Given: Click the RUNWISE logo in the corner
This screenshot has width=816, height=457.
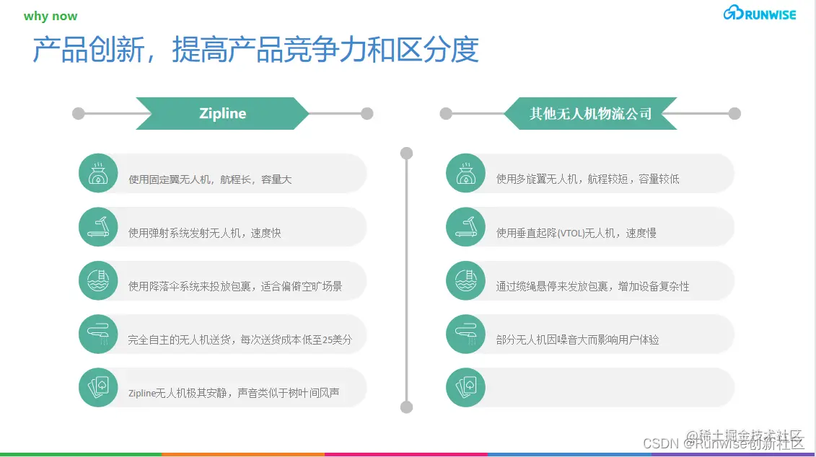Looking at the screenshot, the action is click(x=759, y=14).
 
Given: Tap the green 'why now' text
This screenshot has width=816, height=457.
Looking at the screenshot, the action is click(x=51, y=17).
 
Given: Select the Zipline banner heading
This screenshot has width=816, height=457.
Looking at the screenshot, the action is click(x=222, y=113).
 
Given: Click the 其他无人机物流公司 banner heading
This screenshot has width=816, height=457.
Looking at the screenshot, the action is click(x=590, y=113).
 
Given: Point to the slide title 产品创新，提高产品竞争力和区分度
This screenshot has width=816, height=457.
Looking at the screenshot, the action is click(x=256, y=50).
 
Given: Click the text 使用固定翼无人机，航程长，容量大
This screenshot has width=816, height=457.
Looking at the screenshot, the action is click(x=210, y=179).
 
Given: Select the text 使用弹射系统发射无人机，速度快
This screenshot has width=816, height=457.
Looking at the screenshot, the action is click(x=204, y=233).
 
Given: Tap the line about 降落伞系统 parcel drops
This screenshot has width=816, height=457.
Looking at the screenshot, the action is click(x=235, y=286).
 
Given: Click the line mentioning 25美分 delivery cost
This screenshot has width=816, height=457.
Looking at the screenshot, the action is click(x=240, y=340).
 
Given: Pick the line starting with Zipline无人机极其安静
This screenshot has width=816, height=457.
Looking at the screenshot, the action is click(x=234, y=394).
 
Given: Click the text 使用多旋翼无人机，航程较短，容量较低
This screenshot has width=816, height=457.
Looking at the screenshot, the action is click(x=587, y=179).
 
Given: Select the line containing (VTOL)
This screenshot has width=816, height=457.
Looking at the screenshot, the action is click(x=576, y=233).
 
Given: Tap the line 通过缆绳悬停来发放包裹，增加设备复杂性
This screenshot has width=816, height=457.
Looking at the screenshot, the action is click(x=592, y=286).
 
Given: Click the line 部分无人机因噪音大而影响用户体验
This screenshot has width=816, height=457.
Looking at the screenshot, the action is click(x=577, y=340).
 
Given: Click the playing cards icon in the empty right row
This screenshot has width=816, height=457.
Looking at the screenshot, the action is click(x=465, y=389).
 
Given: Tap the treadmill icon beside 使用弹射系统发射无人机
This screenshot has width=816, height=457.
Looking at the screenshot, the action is click(x=97, y=227).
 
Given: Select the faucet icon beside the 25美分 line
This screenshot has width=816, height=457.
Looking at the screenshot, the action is click(x=97, y=334).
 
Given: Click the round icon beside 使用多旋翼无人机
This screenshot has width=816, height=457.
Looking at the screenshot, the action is click(x=465, y=174).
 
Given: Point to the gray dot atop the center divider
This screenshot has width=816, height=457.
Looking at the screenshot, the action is click(x=406, y=153).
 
